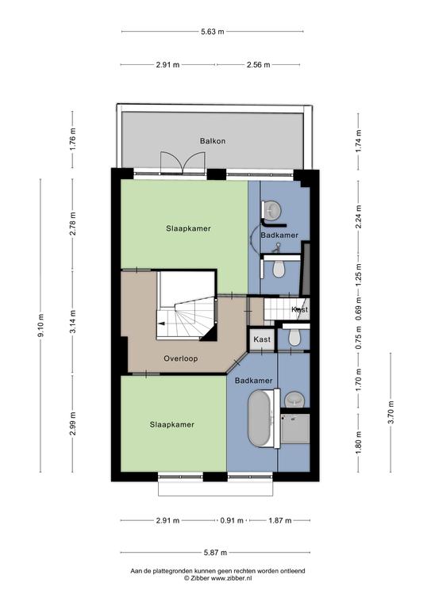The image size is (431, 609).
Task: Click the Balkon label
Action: pos(213,141)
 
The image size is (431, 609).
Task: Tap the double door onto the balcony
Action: pos(183,162)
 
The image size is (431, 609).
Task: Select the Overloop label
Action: pos(180,358)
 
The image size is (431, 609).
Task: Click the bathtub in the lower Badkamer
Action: pos(260,419)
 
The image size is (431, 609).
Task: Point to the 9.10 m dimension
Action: pos(40,325)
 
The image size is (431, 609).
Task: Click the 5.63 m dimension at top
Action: pos(213,32)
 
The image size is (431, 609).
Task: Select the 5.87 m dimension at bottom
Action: pos(215,552)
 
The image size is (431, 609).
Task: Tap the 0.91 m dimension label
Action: pos(232,520)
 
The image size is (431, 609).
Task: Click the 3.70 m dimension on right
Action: pos(391,412)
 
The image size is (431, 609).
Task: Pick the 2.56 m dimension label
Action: pos(258,65)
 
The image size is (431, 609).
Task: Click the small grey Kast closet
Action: pos(262,339)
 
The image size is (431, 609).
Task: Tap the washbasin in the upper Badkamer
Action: pos(271,210)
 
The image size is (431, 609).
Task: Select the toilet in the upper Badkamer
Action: pos(279,268)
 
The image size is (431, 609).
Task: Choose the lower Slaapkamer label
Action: pos(172,424)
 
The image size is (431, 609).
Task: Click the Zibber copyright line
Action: pos(217,578)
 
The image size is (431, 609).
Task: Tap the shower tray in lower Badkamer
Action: pos(295,429)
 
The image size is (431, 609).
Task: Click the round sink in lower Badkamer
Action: pos(294,400)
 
